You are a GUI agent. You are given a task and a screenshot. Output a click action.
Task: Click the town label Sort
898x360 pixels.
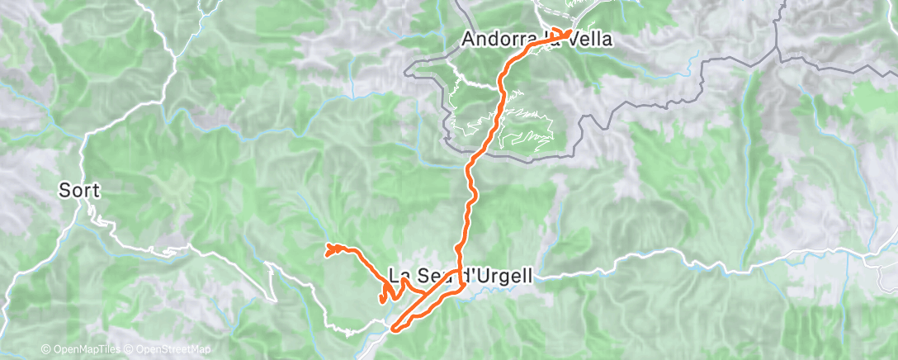[79, 191]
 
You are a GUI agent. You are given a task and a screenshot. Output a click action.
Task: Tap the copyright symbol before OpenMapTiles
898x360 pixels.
[45, 350]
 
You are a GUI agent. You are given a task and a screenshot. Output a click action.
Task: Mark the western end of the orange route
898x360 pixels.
[328, 247]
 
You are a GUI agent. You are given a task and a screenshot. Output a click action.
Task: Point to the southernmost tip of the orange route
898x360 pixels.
[395, 329]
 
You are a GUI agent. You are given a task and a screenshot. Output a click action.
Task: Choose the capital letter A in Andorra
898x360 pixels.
[468, 38]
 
